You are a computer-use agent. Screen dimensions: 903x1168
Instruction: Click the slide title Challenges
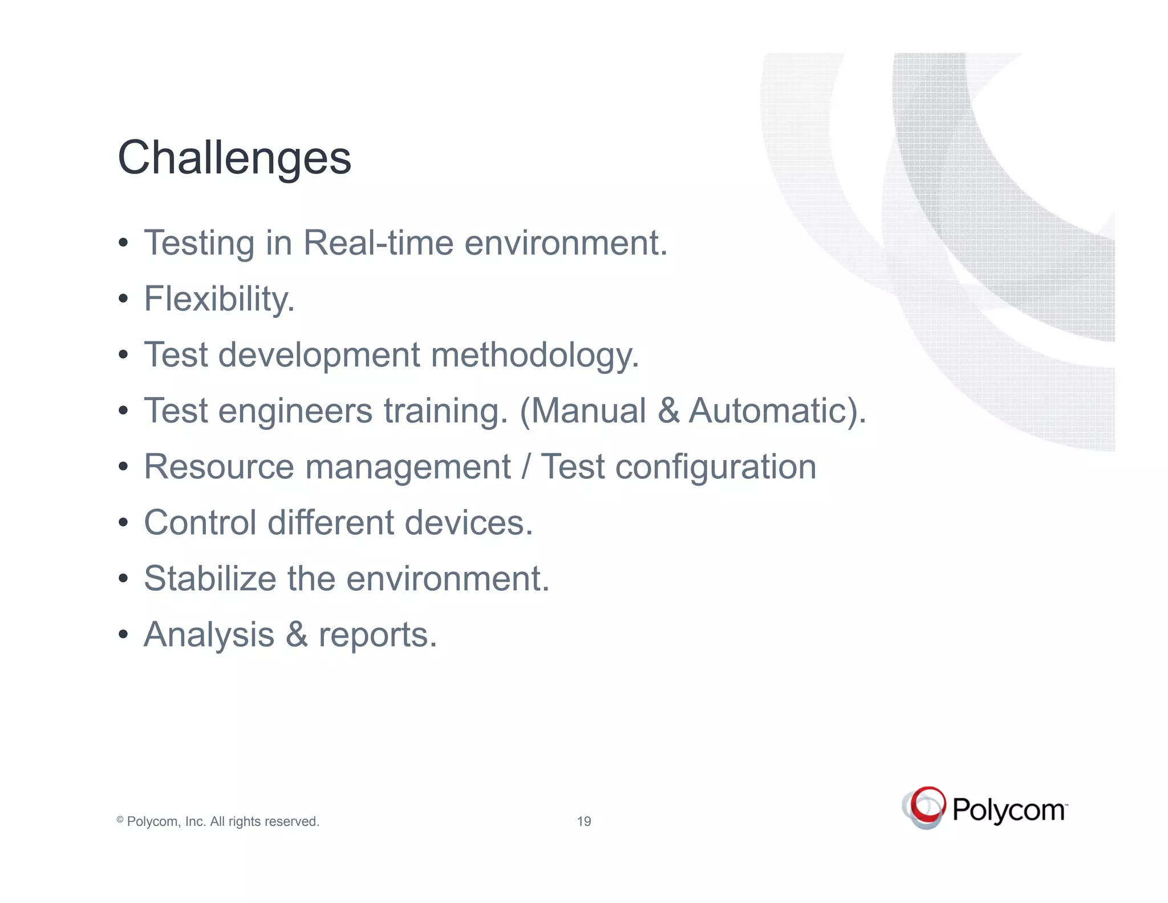click(x=234, y=158)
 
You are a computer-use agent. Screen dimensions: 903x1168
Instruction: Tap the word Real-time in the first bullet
click(x=378, y=243)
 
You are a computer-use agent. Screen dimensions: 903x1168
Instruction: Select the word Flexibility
click(x=219, y=299)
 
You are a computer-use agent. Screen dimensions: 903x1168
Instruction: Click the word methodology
click(x=534, y=355)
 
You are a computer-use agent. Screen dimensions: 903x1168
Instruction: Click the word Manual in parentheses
click(x=590, y=411)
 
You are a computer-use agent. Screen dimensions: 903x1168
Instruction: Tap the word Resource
click(x=218, y=467)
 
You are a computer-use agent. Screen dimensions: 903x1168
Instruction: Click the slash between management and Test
click(x=525, y=467)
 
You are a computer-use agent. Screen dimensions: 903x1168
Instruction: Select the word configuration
click(x=716, y=467)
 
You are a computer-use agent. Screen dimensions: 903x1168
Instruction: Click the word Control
click(x=200, y=523)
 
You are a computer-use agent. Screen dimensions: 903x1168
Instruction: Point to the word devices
click(x=469, y=523)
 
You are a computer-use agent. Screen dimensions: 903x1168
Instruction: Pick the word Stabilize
click(x=210, y=579)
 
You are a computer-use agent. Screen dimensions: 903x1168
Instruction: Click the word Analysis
click(x=209, y=635)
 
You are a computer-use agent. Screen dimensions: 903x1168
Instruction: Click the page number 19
click(x=584, y=821)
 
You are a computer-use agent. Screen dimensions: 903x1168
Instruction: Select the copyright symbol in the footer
click(x=120, y=820)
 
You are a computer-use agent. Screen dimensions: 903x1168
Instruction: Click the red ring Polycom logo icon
click(x=924, y=808)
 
